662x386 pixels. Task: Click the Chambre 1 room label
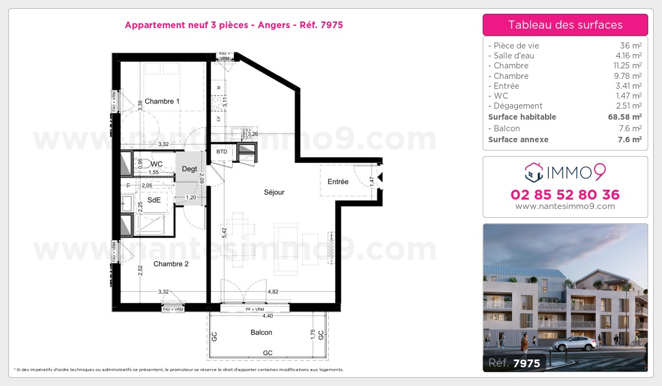(x=162, y=101)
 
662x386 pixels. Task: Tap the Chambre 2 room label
(x=171, y=264)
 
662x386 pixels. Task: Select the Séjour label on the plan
(x=274, y=192)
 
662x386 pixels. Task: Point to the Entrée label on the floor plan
(x=338, y=181)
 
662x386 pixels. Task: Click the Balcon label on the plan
(x=261, y=333)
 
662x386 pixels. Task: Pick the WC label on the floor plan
(x=157, y=164)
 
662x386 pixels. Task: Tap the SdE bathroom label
(x=153, y=201)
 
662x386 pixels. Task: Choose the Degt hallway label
(x=190, y=169)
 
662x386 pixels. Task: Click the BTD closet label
(x=222, y=152)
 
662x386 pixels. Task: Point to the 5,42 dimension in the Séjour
(x=223, y=233)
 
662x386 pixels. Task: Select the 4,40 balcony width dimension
(x=268, y=316)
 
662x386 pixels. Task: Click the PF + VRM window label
(x=255, y=310)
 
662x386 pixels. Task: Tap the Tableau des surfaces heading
(x=565, y=25)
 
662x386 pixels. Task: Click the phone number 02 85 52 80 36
(x=565, y=195)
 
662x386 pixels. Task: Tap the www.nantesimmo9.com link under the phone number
(x=565, y=206)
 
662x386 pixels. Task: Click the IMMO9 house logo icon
(x=533, y=172)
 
